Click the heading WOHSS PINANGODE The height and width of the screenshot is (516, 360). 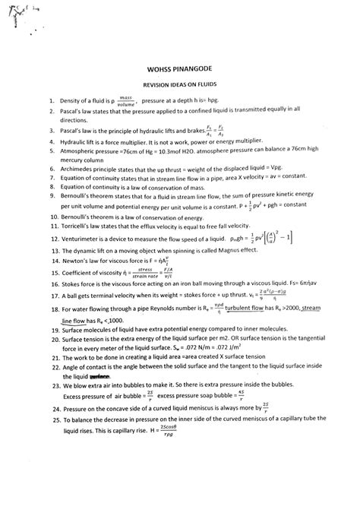[x=179, y=67]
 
